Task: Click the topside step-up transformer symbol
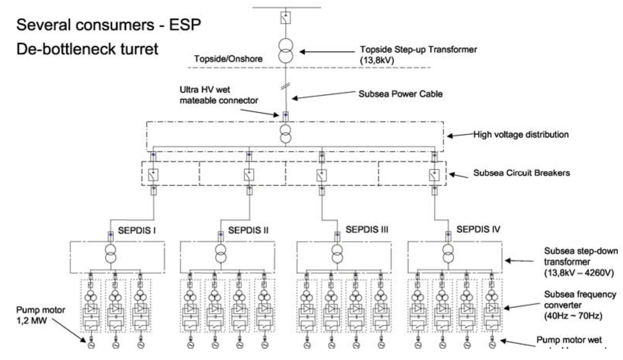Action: [x=285, y=51]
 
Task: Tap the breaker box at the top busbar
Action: [x=285, y=18]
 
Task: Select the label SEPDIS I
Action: [x=136, y=231]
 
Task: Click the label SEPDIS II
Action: [x=248, y=230]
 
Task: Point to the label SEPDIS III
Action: [x=366, y=229]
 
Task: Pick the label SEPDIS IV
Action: [x=478, y=229]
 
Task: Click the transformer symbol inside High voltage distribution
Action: [x=286, y=134]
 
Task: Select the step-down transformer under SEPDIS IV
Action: [x=448, y=254]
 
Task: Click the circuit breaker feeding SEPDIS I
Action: [x=153, y=175]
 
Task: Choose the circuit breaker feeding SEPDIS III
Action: [x=321, y=176]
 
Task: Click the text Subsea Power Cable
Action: [x=400, y=94]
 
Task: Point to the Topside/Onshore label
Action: [x=228, y=59]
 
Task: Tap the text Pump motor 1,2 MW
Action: [x=40, y=316]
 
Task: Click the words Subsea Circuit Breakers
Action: [x=521, y=173]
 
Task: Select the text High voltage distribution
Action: [x=521, y=135]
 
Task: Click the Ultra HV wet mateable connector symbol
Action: [x=285, y=115]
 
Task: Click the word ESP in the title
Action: [x=185, y=25]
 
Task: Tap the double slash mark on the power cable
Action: [x=285, y=87]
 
